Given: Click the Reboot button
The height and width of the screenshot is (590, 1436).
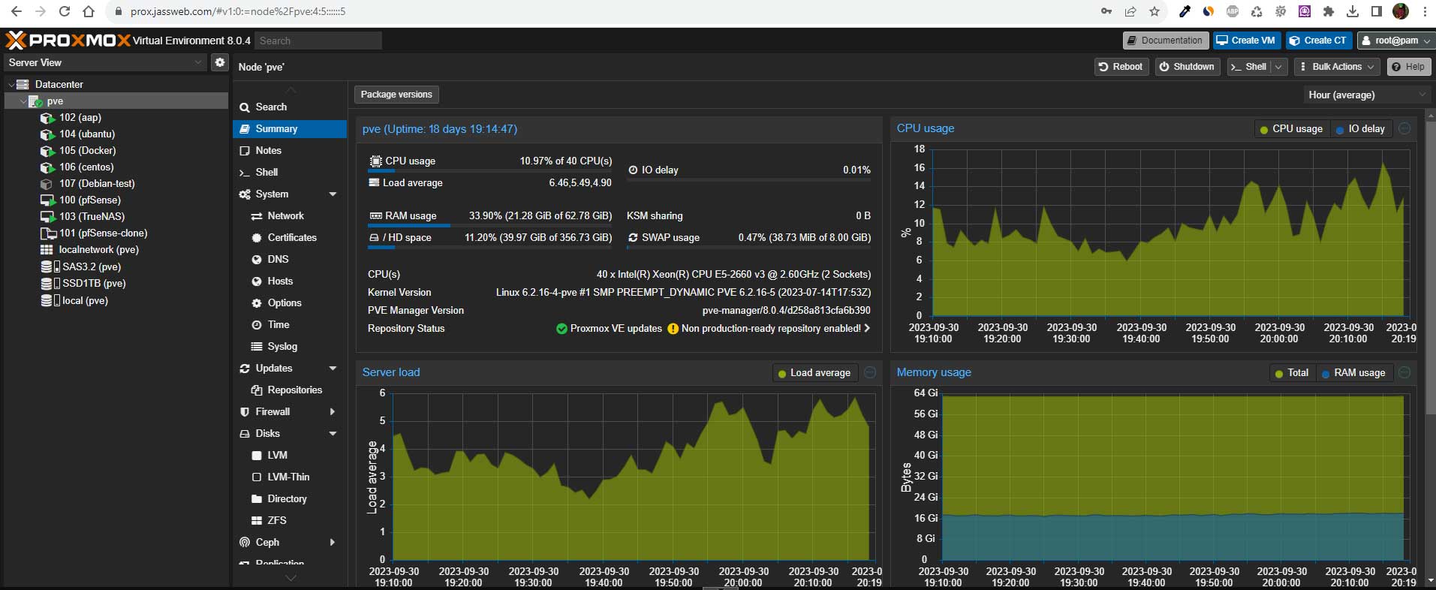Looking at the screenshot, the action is [x=1121, y=67].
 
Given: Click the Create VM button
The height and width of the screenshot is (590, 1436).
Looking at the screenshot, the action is [x=1246, y=41].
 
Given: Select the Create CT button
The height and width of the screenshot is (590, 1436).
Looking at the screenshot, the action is [x=1318, y=41].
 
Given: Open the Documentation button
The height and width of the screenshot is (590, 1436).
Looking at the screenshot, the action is [x=1164, y=41].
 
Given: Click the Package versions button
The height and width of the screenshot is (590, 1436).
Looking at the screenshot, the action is [x=396, y=95].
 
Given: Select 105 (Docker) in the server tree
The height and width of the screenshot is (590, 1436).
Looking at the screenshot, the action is [x=87, y=150].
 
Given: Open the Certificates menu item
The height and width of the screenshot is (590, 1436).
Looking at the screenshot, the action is [x=292, y=237].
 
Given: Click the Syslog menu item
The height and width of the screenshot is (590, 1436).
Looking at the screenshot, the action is [x=282, y=346].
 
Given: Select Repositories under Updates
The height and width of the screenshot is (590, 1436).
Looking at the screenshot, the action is [x=294, y=390].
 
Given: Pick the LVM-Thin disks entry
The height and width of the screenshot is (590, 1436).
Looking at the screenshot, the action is [x=288, y=477].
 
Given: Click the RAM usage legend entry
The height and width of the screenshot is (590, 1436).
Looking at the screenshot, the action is [x=1353, y=373].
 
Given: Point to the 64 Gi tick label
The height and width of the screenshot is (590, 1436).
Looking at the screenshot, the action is [x=926, y=393].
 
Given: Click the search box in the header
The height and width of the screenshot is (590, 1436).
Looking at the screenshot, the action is [x=318, y=41].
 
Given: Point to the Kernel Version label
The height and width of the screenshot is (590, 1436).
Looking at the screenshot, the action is [x=399, y=292].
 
